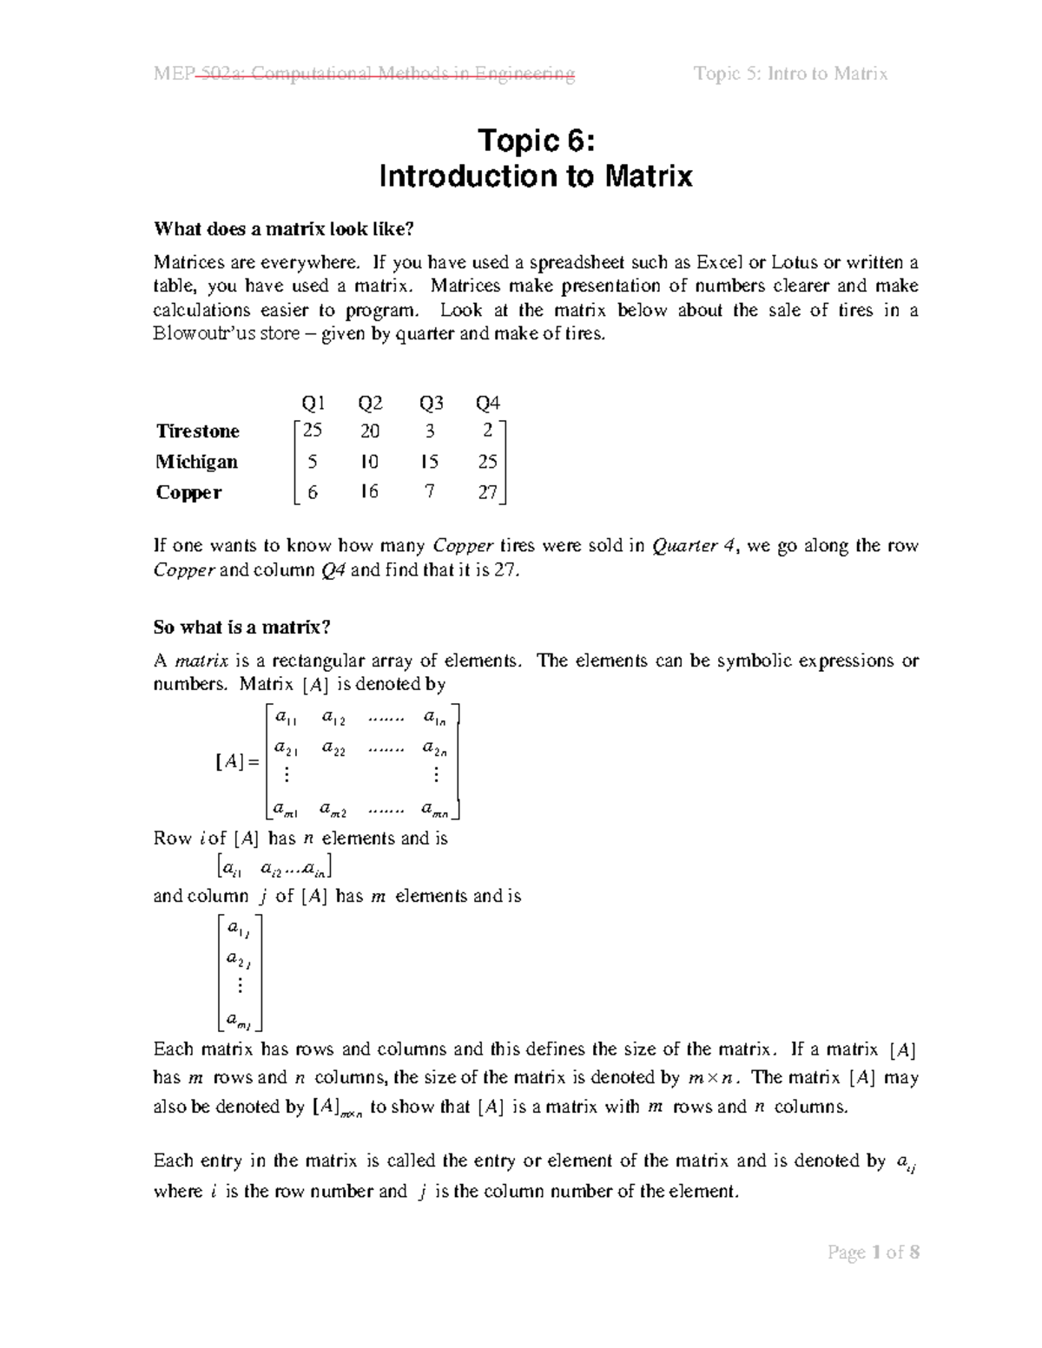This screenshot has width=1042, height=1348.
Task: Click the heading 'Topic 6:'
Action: [536, 141]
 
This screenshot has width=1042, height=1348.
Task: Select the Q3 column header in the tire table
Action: [431, 403]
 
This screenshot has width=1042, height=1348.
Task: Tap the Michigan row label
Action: [196, 462]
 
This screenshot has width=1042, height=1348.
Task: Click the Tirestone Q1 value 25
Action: [312, 431]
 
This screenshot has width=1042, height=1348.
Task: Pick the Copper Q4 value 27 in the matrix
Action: [487, 492]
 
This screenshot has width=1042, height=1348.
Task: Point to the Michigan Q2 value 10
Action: [369, 462]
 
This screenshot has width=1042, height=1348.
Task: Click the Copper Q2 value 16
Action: [369, 492]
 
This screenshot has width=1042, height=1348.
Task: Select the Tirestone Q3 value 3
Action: [430, 431]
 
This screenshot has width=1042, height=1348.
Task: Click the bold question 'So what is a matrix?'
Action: [242, 627]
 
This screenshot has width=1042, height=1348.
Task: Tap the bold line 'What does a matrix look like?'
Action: [284, 229]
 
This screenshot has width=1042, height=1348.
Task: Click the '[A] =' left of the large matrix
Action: [236, 762]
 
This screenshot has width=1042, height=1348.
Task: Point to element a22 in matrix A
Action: [333, 747]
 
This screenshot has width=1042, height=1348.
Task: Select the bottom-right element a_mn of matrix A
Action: [434, 810]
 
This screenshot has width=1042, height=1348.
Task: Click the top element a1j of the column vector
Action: [238, 930]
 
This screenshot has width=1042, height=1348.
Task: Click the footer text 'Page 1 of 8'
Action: [873, 1252]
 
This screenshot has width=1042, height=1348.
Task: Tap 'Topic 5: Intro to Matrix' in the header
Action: [790, 74]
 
